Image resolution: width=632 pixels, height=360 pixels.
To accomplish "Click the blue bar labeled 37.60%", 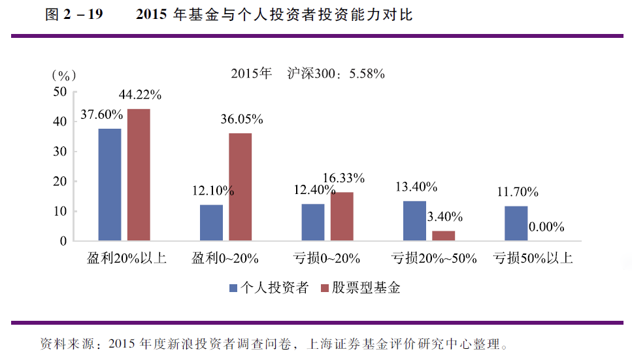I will [x=110, y=184].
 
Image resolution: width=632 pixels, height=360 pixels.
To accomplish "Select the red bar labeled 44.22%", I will [x=139, y=174].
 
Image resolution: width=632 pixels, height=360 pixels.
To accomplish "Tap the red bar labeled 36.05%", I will [x=240, y=187].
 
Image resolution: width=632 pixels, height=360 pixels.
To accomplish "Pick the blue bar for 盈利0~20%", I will [x=211, y=223].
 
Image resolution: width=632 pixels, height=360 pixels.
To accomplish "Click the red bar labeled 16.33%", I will [x=342, y=216].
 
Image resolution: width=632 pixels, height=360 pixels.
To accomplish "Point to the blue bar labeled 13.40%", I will [x=414, y=221].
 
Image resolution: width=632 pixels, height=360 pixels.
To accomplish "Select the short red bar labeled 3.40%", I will [x=444, y=236].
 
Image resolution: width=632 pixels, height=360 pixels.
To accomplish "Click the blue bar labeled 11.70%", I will [x=516, y=223].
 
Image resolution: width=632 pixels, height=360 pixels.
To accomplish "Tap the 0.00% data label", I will [x=546, y=227].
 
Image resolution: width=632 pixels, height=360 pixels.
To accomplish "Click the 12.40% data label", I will [x=316, y=191].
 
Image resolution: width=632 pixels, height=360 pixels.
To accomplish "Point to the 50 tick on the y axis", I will [x=59, y=92].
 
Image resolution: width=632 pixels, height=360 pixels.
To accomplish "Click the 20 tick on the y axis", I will [x=59, y=182].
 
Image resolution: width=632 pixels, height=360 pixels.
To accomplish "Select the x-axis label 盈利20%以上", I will [x=127, y=258].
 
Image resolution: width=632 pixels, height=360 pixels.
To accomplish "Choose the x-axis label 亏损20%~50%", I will [x=433, y=258].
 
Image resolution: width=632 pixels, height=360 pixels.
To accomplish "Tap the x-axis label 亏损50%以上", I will [x=533, y=258].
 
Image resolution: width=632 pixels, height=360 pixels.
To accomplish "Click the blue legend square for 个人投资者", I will [x=233, y=287].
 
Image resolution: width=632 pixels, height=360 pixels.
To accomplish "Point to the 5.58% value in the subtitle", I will [x=367, y=74].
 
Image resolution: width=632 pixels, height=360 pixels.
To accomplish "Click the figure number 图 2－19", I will [x=74, y=15].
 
